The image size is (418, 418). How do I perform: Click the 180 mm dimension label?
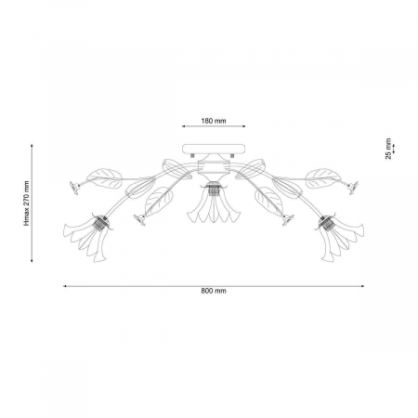pos(214,121)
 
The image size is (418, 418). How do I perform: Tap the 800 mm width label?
pos(214,291)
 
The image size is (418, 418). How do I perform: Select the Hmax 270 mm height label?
pos(27,203)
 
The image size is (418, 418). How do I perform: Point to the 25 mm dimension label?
pos(388,149)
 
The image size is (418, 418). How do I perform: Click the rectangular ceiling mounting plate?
pos(214,149)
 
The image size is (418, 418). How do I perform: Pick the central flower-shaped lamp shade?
pos(214,207)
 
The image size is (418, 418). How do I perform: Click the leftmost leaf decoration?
pos(104,178)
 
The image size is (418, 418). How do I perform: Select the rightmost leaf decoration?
pos(323,178)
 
